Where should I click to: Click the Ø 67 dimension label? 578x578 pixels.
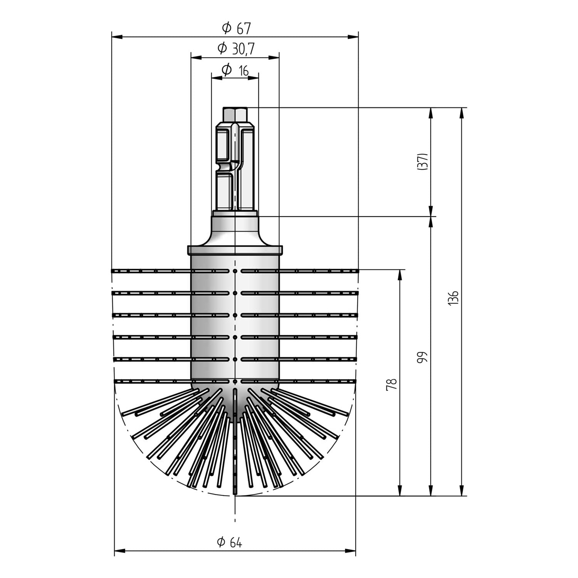[236, 28]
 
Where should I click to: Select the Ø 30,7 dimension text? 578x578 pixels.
[236, 49]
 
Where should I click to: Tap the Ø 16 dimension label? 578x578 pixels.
[235, 70]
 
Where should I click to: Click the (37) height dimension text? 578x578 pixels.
[422, 162]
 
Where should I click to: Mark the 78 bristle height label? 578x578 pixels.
[391, 384]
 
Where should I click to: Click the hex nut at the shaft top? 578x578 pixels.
[235, 114]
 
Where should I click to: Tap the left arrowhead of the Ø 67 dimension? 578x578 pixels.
[117, 37]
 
